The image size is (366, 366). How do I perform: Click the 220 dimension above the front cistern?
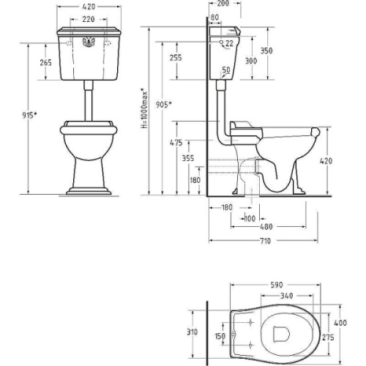[89, 19]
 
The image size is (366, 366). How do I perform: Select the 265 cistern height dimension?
[46, 63]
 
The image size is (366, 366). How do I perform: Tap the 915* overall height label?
[29, 115]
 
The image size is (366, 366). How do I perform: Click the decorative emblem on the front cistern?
[89, 42]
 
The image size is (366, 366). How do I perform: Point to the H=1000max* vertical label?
[144, 109]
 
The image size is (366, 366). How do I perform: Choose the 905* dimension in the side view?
[164, 105]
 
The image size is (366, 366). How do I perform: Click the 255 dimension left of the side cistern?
[176, 58]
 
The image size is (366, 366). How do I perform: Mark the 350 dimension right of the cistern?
[266, 51]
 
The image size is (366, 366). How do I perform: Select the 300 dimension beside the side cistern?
[251, 61]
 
